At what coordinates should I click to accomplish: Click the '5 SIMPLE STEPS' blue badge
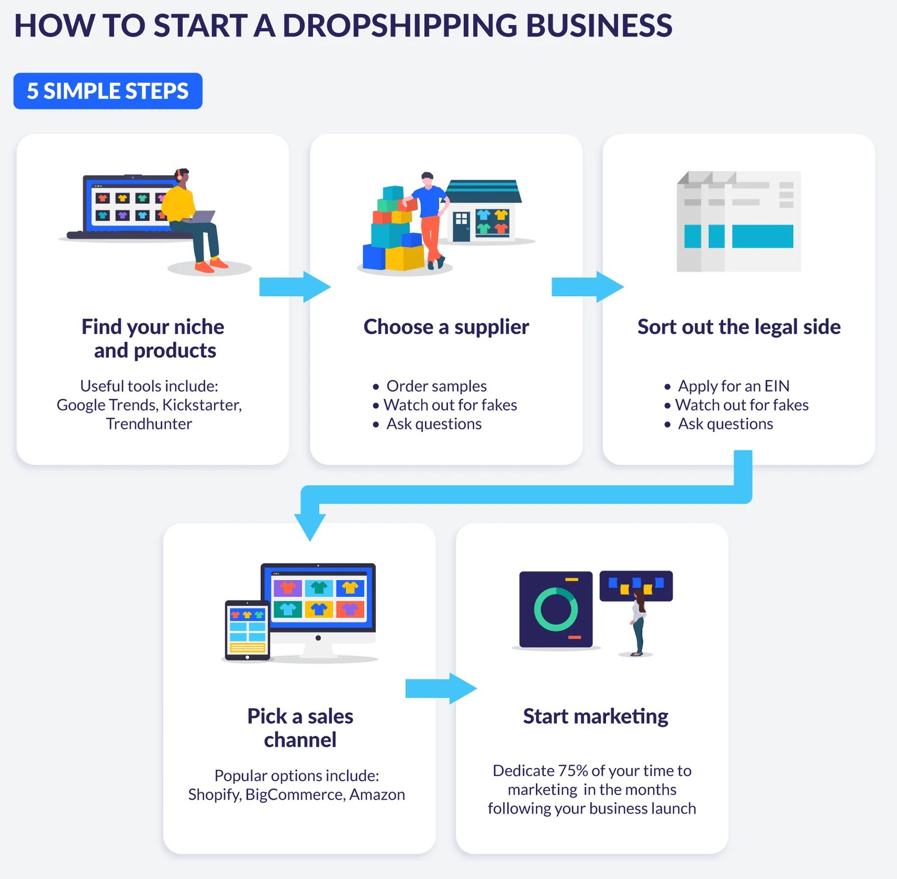pyautogui.click(x=108, y=91)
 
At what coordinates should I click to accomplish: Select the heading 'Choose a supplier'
pyautogui.click(x=446, y=326)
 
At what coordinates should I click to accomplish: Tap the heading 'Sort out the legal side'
pyautogui.click(x=738, y=326)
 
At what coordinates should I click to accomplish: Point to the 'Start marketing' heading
pyautogui.click(x=595, y=716)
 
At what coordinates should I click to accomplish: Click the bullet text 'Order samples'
pyautogui.click(x=436, y=386)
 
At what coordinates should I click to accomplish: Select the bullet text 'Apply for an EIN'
pyautogui.click(x=733, y=386)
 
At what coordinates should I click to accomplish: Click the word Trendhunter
pyautogui.click(x=149, y=424)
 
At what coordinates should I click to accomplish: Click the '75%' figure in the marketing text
pyautogui.click(x=572, y=771)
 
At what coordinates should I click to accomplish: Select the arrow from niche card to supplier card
pyautogui.click(x=294, y=287)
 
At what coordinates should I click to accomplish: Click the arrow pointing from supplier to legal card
pyautogui.click(x=587, y=287)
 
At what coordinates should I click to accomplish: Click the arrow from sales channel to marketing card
pyautogui.click(x=441, y=688)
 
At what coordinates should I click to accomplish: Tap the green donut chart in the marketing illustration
pyautogui.click(x=556, y=609)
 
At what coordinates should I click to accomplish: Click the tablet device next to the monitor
pyautogui.click(x=247, y=630)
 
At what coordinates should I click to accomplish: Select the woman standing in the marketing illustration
pyautogui.click(x=638, y=623)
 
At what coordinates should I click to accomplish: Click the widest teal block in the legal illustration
pyautogui.click(x=762, y=236)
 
